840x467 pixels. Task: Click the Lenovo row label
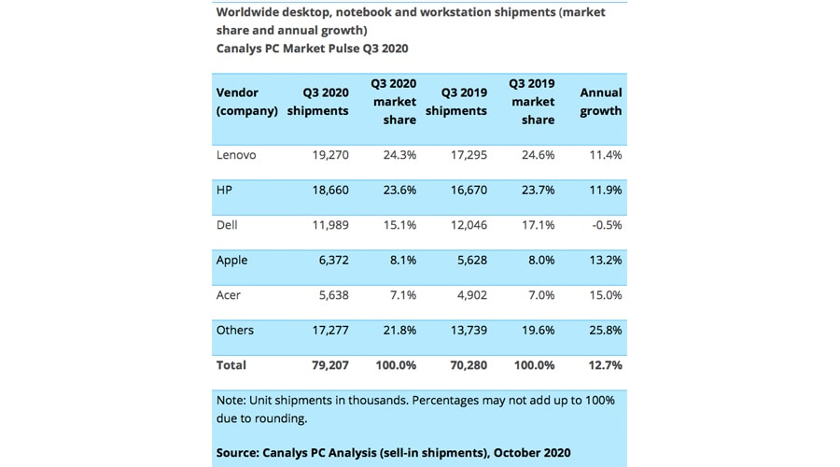click(x=236, y=155)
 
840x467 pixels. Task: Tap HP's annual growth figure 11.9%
click(x=603, y=190)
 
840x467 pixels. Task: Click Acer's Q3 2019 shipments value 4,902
click(x=468, y=295)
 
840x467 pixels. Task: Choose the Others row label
click(x=235, y=330)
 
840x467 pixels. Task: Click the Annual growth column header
click(x=601, y=102)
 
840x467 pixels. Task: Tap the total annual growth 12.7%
click(x=603, y=365)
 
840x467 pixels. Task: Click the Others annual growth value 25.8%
click(x=603, y=330)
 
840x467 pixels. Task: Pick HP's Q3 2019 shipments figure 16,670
click(x=464, y=190)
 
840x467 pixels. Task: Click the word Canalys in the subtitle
click(x=242, y=48)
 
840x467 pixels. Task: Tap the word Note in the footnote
click(x=231, y=400)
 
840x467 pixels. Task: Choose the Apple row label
click(x=232, y=261)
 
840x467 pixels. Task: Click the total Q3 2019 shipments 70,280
click(x=464, y=365)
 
